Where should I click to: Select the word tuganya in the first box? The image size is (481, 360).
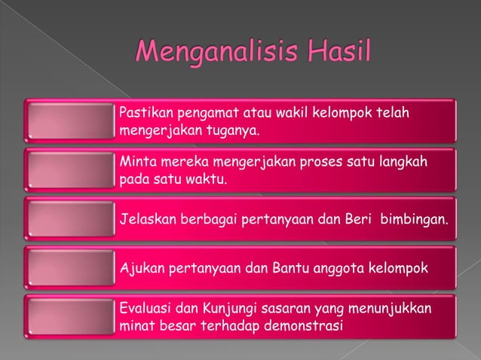[232, 130]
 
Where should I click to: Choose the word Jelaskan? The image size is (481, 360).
[148, 218]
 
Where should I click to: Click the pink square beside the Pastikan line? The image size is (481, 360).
[69, 121]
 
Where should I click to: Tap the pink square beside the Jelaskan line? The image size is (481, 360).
[69, 218]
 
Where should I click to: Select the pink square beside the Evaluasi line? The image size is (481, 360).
[69, 317]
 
